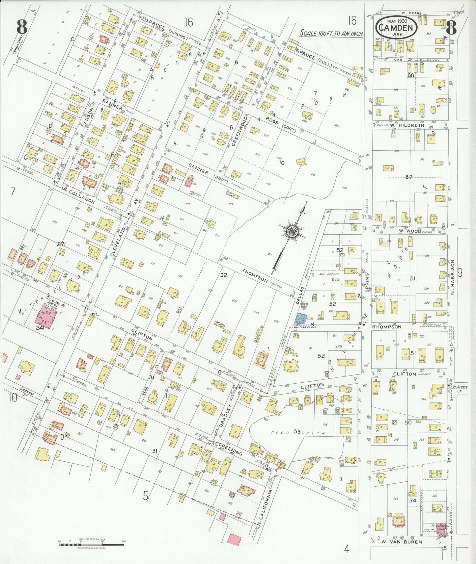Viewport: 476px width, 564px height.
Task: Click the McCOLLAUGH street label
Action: point(78,196)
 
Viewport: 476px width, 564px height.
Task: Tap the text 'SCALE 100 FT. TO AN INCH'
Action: point(331,33)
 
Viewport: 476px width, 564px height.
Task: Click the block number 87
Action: point(409,177)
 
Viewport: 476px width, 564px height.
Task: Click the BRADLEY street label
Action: point(226,415)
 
